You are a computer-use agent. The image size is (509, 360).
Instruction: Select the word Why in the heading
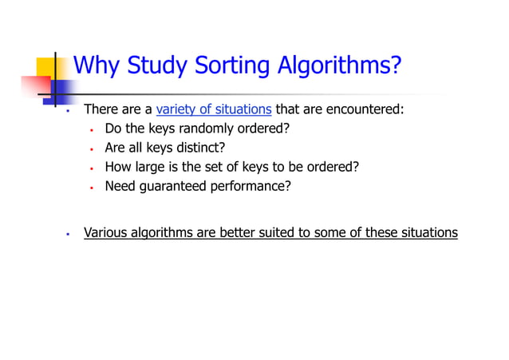coord(97,65)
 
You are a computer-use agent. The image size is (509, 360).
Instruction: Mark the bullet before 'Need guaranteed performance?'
coord(93,187)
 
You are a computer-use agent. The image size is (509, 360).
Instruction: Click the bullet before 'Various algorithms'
coord(69,235)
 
